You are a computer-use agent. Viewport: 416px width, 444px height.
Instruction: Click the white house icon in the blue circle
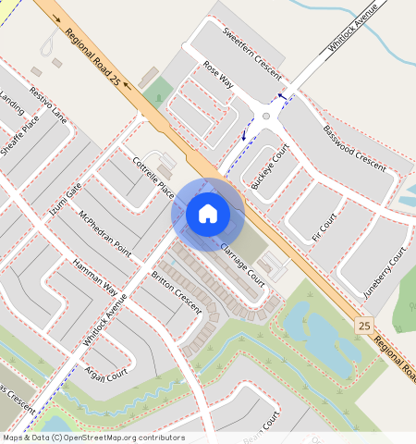208,214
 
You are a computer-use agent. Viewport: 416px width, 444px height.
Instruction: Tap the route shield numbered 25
364,326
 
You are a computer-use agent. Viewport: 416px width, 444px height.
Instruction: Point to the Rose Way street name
218,76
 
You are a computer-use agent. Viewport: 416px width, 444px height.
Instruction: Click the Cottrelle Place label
153,176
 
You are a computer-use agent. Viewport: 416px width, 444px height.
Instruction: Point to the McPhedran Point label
104,235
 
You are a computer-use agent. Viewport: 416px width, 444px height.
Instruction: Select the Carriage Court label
242,263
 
